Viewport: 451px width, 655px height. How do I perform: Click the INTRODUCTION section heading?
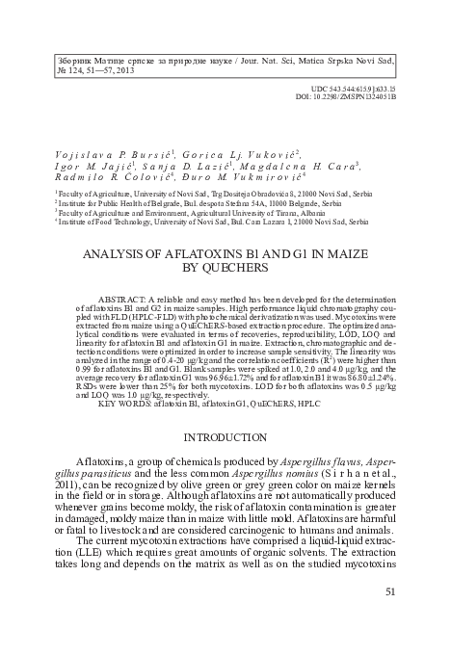(x=225, y=436)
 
